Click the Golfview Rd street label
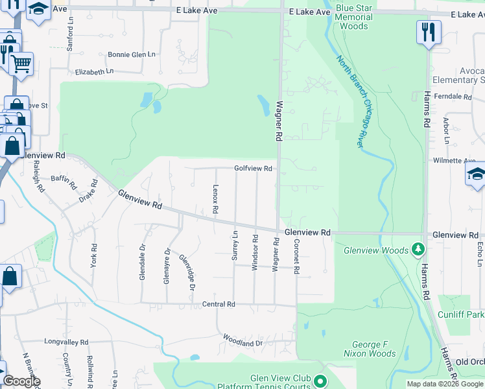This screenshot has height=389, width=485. [253, 169]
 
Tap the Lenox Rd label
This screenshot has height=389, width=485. [215, 200]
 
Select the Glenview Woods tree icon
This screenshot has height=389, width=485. [418, 249]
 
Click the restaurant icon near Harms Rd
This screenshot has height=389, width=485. [429, 32]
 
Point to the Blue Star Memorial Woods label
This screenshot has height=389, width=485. [353, 17]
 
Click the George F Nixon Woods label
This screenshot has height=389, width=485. [373, 349]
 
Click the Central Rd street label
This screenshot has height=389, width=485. [218, 304]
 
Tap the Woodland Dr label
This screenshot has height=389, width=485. [242, 339]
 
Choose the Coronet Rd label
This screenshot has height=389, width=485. [295, 257]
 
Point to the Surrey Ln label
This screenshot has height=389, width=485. [235, 246]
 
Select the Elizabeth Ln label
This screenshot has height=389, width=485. [94, 71]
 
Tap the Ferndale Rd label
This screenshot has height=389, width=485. [454, 96]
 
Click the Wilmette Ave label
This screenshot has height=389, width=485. [454, 159]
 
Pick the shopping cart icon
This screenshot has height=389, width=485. [21, 64]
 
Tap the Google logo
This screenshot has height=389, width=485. [22, 381]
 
